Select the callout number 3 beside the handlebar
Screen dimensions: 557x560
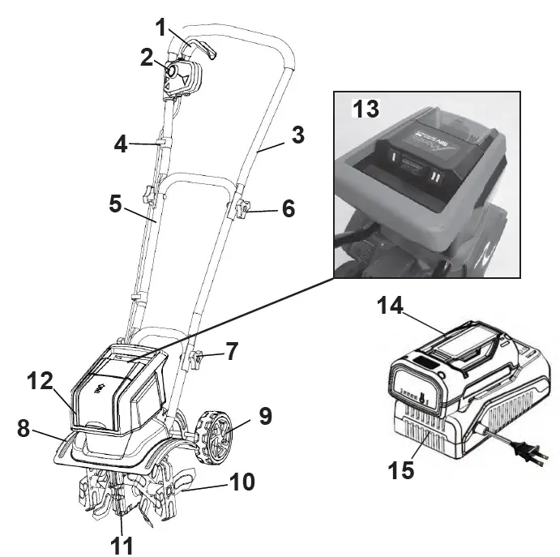(298, 135)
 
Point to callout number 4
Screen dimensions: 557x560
(120, 146)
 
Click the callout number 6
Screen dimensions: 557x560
(289, 208)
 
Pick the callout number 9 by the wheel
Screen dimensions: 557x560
(264, 417)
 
